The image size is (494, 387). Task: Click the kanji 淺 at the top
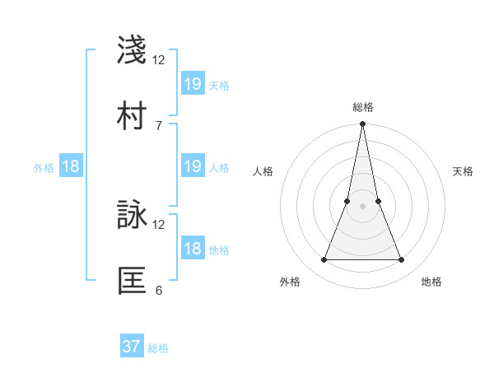pos(133,50)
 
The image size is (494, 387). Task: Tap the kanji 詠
pos(133,215)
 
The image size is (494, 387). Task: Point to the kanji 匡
pos(133,281)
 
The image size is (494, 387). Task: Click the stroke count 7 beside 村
pos(159,125)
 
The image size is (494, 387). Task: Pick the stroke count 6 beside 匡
pos(159,290)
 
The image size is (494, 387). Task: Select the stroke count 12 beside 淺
pos(159,59)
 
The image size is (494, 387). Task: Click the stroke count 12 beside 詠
pos(159,224)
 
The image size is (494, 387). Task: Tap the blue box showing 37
pos(132,347)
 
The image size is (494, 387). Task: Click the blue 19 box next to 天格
pos(193,83)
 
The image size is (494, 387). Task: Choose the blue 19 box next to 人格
pos(193,166)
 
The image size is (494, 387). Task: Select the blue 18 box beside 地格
pos(193,249)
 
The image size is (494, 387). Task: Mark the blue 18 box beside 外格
pos(71,166)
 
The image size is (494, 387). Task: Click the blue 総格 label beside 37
pos(158,348)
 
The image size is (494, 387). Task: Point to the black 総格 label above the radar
pos(363,107)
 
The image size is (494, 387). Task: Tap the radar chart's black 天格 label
pos(464,171)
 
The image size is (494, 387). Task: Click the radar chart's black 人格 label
pos(263,171)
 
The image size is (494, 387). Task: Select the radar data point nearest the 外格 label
pos(324,260)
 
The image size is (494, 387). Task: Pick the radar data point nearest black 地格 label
pos(402,260)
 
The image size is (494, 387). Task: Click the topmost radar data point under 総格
pos(363,124)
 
